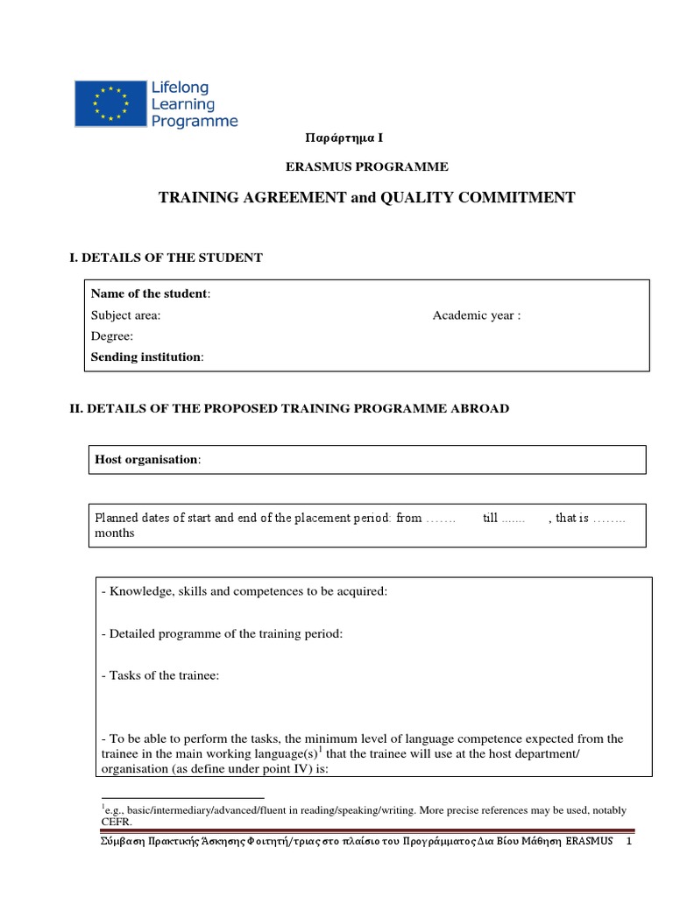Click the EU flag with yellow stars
(110, 102)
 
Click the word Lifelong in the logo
(181, 88)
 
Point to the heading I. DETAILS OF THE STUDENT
(166, 258)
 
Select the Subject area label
(126, 315)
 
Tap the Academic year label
(476, 315)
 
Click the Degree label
(112, 336)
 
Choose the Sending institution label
(146, 357)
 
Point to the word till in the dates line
(490, 518)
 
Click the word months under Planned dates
(115, 533)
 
